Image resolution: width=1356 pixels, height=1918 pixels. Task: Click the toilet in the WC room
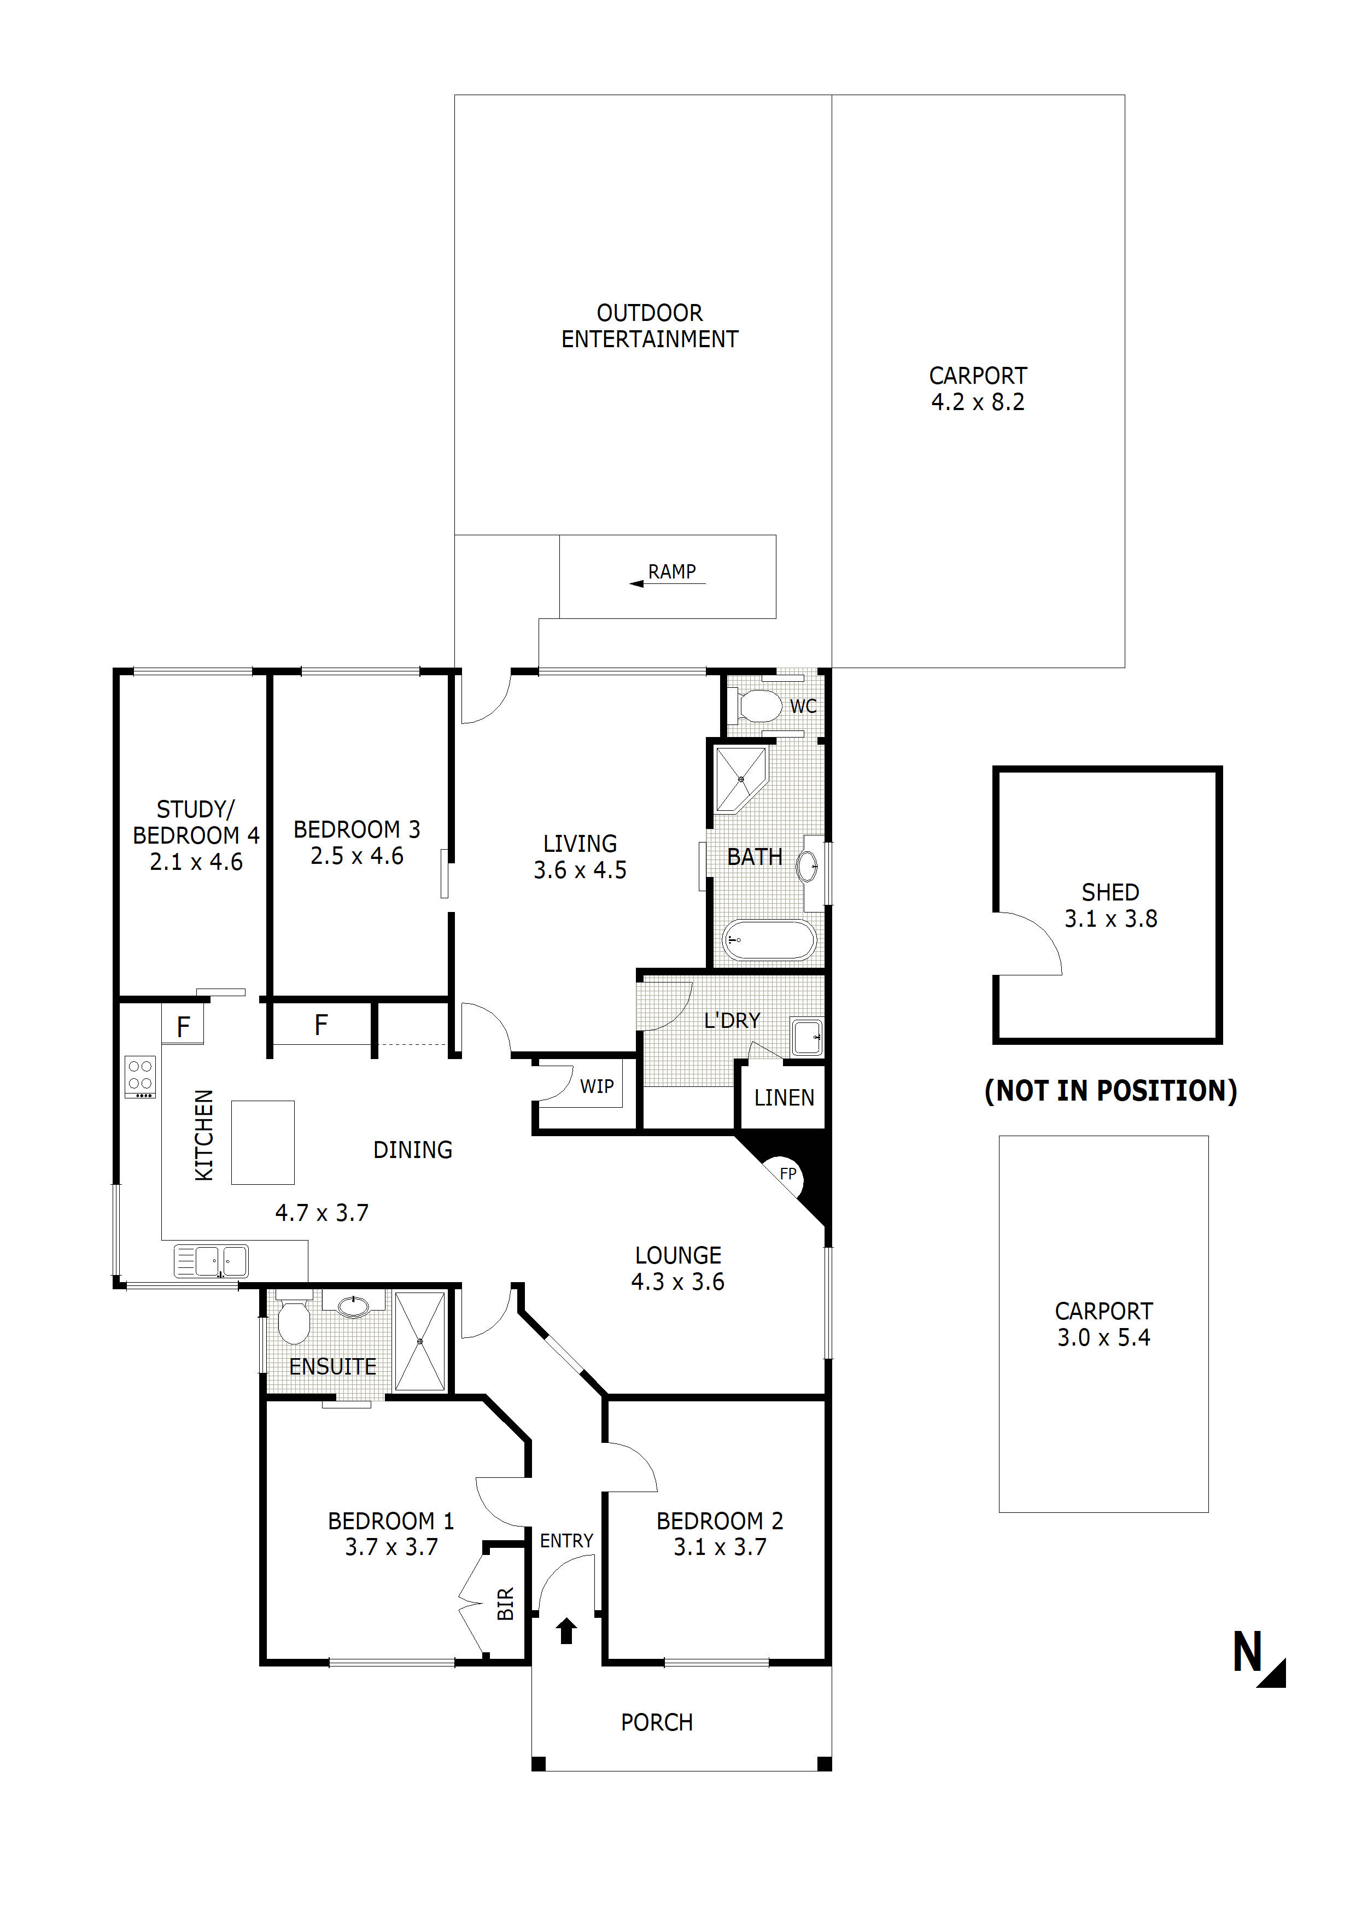[x=757, y=705]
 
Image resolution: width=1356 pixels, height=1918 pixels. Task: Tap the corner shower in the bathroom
[x=741, y=779]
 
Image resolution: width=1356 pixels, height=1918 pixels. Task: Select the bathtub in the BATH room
[x=769, y=940]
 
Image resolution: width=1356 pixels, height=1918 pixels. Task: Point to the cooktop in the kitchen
[x=141, y=1077]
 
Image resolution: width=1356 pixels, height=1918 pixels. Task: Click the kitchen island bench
[x=262, y=1142]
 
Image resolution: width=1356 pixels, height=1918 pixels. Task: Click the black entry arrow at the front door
[x=566, y=1630]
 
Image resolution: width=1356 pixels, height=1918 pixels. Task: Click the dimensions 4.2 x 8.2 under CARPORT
[x=978, y=402]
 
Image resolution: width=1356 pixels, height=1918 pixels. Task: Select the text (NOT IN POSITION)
[x=1110, y=1090]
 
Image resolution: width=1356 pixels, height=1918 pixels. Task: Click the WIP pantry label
[x=597, y=1086]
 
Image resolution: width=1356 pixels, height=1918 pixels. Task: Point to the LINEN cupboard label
[x=784, y=1098]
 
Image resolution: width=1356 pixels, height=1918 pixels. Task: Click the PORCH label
[x=657, y=1722]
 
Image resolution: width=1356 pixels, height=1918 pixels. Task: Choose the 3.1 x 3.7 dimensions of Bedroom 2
[x=720, y=1547]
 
